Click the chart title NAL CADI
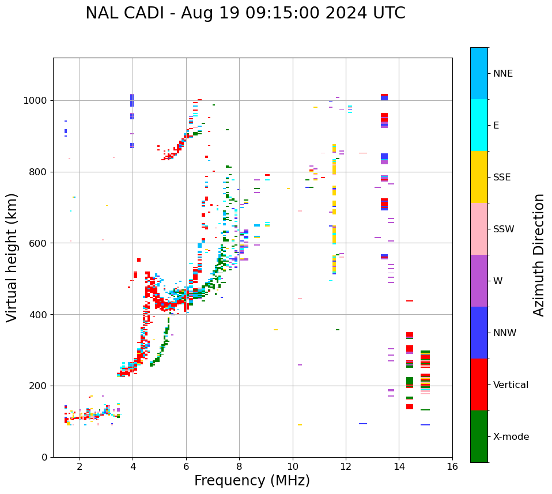(245, 13)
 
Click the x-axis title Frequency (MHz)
(252, 481)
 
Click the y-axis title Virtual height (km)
(12, 258)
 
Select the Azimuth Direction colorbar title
(539, 255)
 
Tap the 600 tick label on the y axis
(40, 243)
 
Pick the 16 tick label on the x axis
(452, 466)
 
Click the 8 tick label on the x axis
(239, 466)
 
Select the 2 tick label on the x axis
(80, 466)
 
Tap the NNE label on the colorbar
(502, 74)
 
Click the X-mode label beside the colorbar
(511, 437)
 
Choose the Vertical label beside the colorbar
(511, 385)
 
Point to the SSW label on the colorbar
(504, 229)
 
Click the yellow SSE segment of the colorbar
(479, 177)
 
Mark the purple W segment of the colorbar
(479, 281)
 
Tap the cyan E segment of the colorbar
(479, 125)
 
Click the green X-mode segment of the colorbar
(479, 436)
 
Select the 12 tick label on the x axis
(346, 466)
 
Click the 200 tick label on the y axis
(40, 386)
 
